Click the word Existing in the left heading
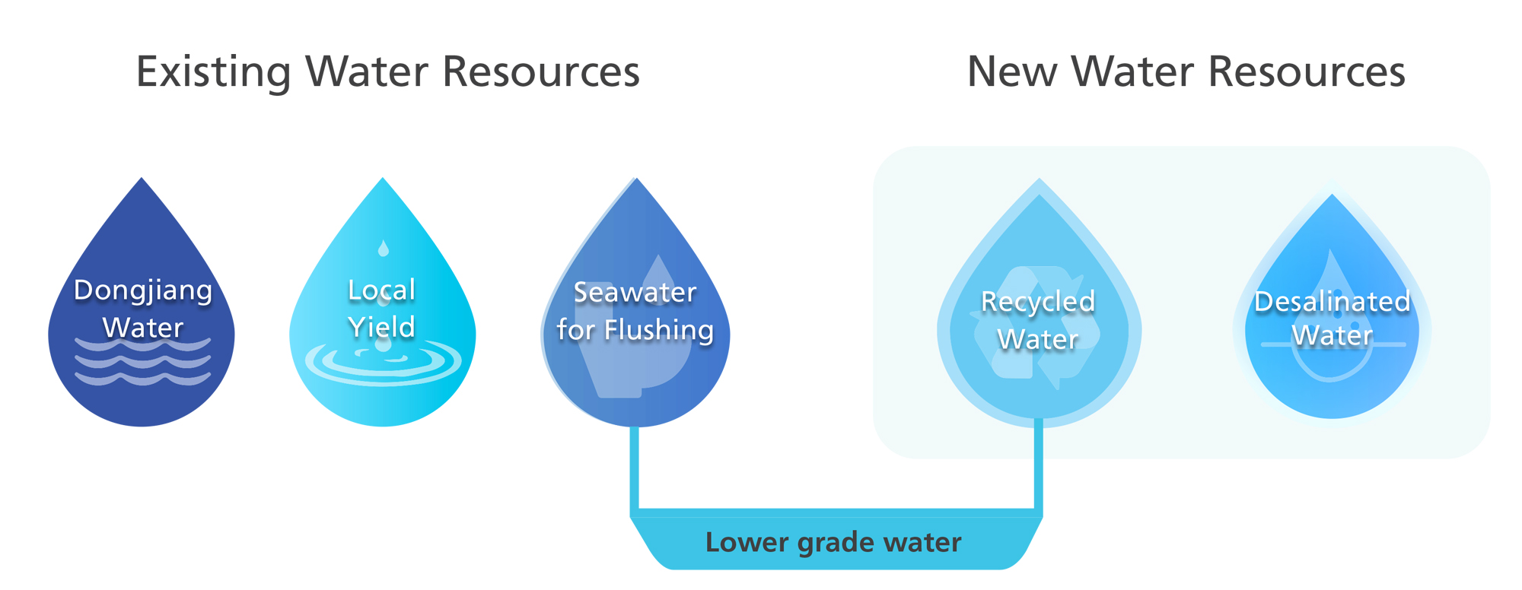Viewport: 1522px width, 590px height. pyautogui.click(x=214, y=72)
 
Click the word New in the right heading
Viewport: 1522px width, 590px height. pyautogui.click(x=1011, y=72)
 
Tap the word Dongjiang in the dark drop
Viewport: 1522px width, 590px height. pyautogui.click(x=143, y=290)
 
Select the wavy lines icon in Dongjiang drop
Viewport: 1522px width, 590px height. pyautogui.click(x=143, y=361)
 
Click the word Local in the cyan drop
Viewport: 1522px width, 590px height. pyautogui.click(x=381, y=290)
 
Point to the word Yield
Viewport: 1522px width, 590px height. pyautogui.click(x=381, y=328)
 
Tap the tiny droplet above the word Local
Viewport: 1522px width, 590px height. pyautogui.click(x=384, y=248)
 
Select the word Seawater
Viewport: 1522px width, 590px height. pyautogui.click(x=635, y=293)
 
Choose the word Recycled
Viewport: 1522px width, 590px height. pyautogui.click(x=1038, y=302)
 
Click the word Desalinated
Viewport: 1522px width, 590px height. pyautogui.click(x=1332, y=302)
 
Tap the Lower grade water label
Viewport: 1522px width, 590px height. pyautogui.click(x=833, y=543)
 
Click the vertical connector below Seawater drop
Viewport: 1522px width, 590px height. pyautogui.click(x=634, y=468)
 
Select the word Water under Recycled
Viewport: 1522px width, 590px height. pyautogui.click(x=1038, y=339)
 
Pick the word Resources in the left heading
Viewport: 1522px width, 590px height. pyautogui.click(x=541, y=72)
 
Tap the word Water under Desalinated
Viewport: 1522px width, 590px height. pyautogui.click(x=1332, y=335)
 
